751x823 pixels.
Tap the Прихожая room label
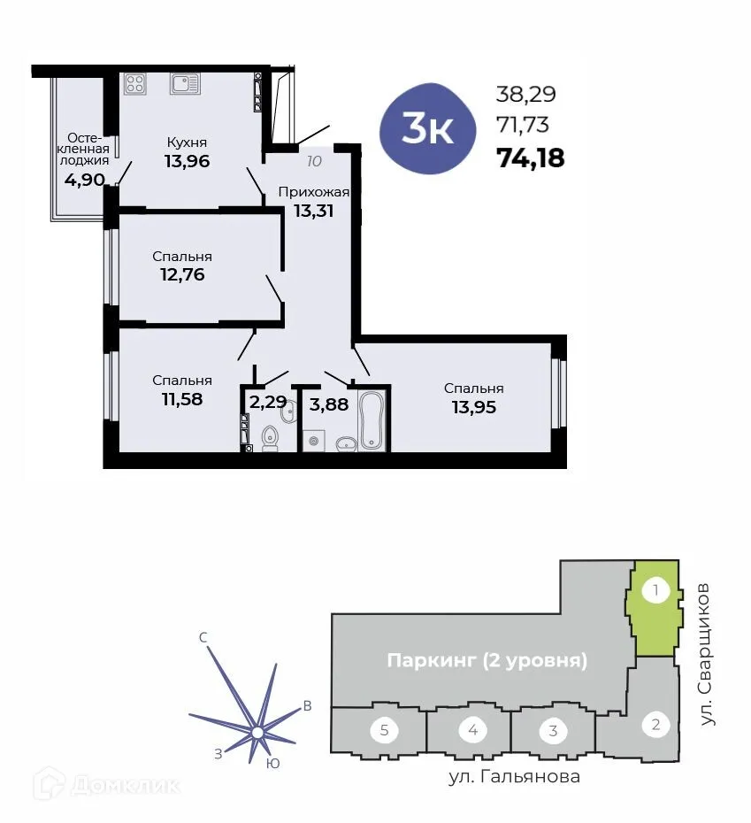[x=314, y=191]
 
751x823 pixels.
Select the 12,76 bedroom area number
[x=182, y=274]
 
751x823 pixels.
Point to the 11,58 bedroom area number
[x=182, y=399]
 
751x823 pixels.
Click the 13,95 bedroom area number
[x=473, y=407]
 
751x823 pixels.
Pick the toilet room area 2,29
[x=267, y=403]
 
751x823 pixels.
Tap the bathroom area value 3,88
[x=329, y=405]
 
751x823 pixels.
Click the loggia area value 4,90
[x=84, y=180]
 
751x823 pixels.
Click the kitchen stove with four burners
[x=135, y=84]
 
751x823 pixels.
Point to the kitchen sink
[x=185, y=84]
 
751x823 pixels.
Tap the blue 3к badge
[x=428, y=129]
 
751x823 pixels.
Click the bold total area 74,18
[x=531, y=158]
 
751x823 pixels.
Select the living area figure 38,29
[x=526, y=94]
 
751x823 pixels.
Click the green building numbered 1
[x=655, y=608]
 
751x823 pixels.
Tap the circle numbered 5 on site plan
[x=384, y=731]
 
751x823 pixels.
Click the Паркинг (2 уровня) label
[x=487, y=660]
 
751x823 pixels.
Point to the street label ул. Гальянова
[x=512, y=777]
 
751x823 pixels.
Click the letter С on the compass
[x=203, y=637]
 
